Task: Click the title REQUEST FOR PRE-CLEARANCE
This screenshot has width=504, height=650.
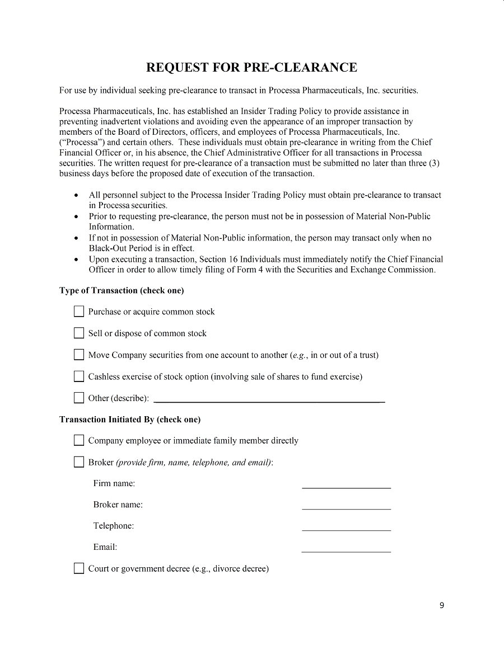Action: [251, 68]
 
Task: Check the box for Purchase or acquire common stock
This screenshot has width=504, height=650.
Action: [79, 312]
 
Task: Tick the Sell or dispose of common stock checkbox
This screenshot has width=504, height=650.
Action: [79, 333]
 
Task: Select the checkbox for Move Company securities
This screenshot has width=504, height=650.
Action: [79, 355]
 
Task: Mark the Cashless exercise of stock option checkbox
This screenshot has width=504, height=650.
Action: [79, 376]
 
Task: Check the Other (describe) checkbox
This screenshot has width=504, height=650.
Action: [79, 398]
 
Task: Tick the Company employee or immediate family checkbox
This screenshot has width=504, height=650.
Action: [79, 441]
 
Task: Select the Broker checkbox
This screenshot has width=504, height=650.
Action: [79, 462]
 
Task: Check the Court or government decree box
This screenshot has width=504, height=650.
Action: [79, 569]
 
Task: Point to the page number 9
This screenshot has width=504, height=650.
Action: [442, 605]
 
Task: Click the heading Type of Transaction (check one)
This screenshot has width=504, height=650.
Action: [122, 290]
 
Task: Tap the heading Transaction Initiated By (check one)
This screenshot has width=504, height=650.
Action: [130, 420]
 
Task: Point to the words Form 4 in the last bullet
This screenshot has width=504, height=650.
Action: [309, 270]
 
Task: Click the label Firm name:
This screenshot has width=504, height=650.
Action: [114, 483]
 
